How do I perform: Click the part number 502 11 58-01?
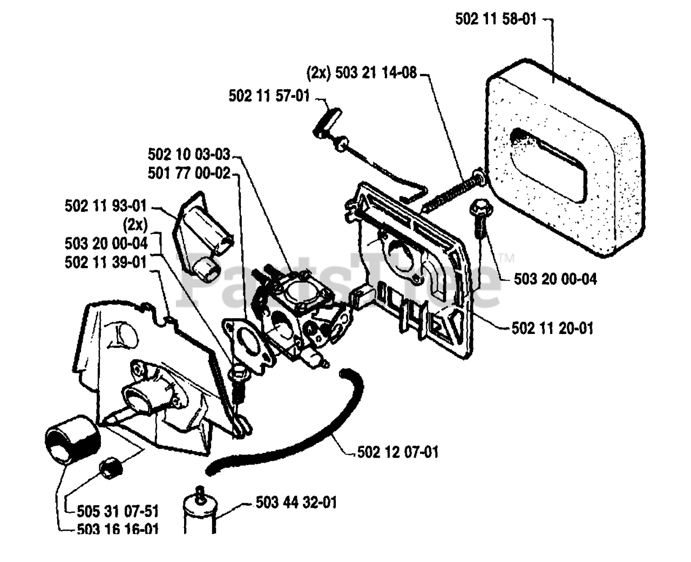(x=496, y=19)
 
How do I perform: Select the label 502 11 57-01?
(x=269, y=96)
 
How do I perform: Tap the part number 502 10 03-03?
(x=189, y=154)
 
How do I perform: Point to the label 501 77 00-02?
(x=189, y=173)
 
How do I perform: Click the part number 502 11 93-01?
(x=106, y=206)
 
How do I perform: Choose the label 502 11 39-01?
(x=106, y=262)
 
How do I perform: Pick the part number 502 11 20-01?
(x=552, y=328)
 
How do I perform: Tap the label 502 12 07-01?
(x=398, y=452)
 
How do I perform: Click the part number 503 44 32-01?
(x=296, y=503)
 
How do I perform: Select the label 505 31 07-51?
(x=118, y=512)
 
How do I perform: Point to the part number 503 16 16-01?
(x=118, y=530)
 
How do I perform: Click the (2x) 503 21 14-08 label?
(x=361, y=73)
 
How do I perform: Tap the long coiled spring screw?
(x=452, y=191)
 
